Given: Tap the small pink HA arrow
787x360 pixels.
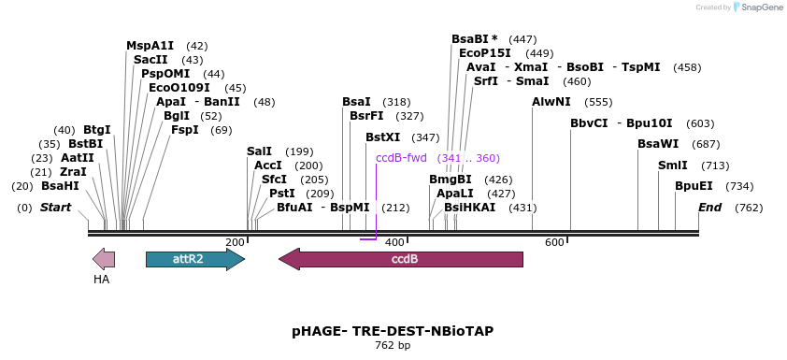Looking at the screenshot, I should [103, 259].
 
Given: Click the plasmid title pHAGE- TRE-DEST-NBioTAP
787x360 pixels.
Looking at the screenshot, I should [393, 331].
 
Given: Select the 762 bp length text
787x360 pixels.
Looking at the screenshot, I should [393, 346].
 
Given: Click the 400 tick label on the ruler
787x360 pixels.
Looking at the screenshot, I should [394, 242].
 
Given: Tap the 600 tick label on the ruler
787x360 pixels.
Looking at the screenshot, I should [554, 242].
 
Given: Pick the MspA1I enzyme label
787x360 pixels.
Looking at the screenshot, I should [150, 46].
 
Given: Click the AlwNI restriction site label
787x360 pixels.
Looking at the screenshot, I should [551, 102].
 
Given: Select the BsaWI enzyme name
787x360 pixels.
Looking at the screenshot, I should [658, 144].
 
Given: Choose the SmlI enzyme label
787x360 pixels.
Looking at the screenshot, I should [672, 166].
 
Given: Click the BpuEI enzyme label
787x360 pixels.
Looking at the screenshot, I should [694, 186].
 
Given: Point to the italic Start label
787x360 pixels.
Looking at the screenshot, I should [55, 207].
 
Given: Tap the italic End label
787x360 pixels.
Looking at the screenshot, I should [709, 207].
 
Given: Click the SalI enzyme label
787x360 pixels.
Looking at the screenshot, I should [259, 151].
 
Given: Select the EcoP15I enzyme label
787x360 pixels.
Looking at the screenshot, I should [484, 53].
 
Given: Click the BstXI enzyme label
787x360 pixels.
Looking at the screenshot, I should [382, 137].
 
